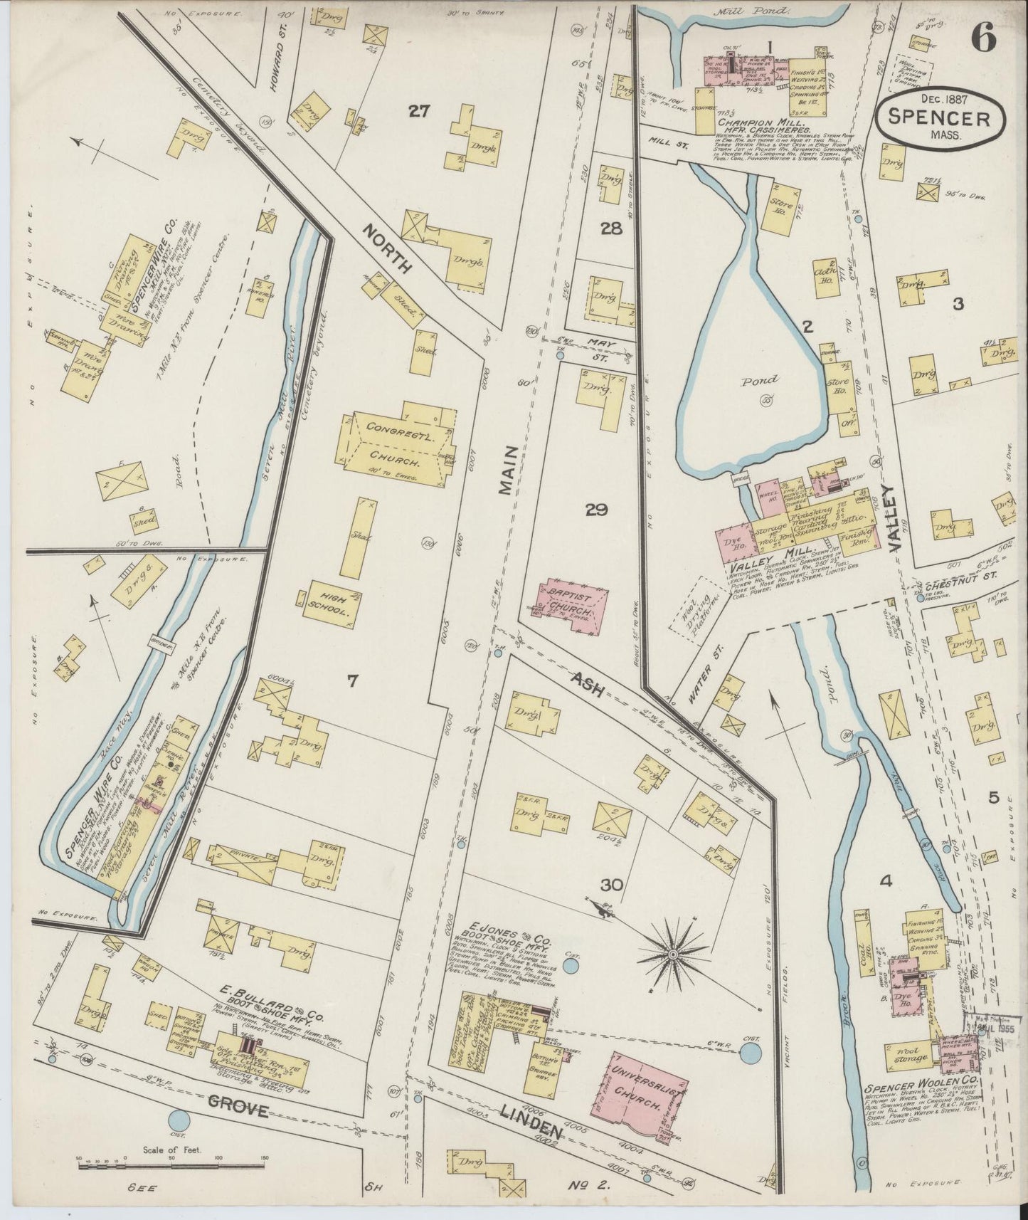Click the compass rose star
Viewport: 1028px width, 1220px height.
[x=672, y=950]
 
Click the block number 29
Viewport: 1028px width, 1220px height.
[x=596, y=509]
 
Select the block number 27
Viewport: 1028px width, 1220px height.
[x=420, y=110]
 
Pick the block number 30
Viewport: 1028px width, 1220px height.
[x=612, y=885]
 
